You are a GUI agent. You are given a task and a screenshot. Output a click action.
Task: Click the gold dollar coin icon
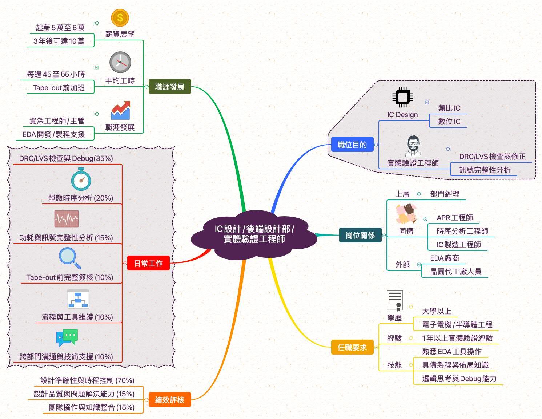pyautogui.click(x=120, y=17)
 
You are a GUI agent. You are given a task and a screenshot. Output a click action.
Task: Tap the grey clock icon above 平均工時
pyautogui.click(x=120, y=62)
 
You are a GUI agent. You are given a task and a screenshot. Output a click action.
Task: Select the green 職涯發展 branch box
pyautogui.click(x=170, y=87)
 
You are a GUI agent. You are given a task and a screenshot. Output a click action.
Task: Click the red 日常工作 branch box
pyautogui.click(x=148, y=263)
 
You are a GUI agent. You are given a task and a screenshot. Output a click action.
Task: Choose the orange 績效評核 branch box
pyautogui.click(x=170, y=400)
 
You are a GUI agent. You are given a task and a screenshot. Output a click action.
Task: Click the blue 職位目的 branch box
pyautogui.click(x=352, y=145)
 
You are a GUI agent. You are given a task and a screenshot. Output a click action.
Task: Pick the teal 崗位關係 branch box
pyautogui.click(x=360, y=235)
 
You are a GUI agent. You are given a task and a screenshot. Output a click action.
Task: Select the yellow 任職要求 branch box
pyautogui.click(x=352, y=347)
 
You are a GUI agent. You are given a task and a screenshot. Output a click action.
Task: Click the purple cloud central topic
pyautogui.click(x=254, y=234)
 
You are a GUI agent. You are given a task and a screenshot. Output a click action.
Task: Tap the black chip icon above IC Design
pyautogui.click(x=402, y=97)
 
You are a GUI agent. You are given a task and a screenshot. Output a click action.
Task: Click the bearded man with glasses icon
pyautogui.click(x=413, y=146)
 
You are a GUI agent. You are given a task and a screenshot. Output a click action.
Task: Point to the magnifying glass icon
pyautogui.click(x=70, y=258)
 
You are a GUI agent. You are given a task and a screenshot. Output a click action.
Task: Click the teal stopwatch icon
pyautogui.click(x=81, y=179)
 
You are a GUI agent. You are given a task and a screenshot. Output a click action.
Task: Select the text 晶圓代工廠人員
pyautogui.click(x=455, y=271)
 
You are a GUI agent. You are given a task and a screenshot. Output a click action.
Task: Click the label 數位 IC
pyautogui.click(x=449, y=121)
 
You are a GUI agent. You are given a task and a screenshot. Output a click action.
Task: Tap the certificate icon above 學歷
pyautogui.click(x=395, y=300)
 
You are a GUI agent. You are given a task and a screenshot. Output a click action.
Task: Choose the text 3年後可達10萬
pyautogui.click(x=59, y=41)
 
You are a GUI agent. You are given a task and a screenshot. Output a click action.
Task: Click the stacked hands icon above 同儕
pyautogui.click(x=406, y=214)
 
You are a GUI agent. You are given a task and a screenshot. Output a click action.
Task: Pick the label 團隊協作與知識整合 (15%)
pyautogui.click(x=92, y=407)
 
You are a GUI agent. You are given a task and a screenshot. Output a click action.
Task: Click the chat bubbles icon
pyautogui.click(x=67, y=337)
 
